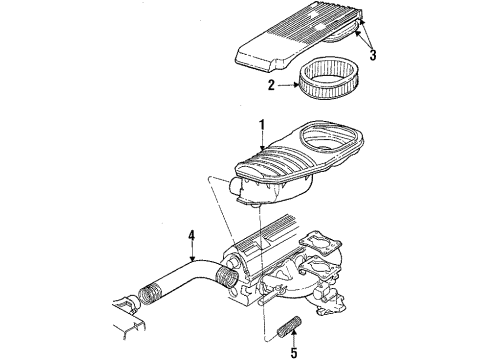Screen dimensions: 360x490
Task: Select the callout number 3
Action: [372, 53]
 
